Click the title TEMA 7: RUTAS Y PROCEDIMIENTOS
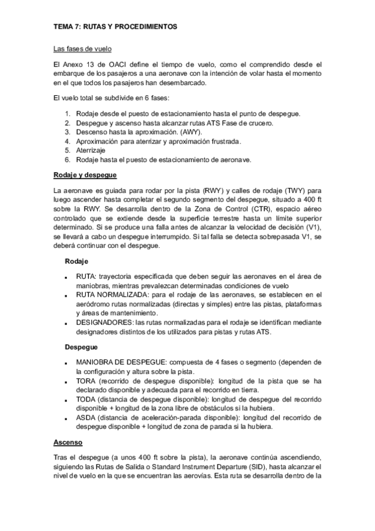tap(115, 28)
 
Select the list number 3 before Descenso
tap(68, 132)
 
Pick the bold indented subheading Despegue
tap(81, 346)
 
